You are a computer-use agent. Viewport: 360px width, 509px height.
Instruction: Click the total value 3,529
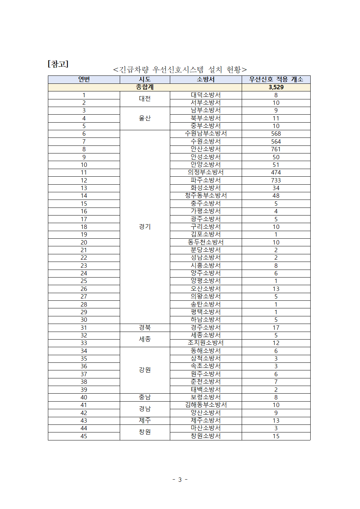pyautogui.click(x=276, y=87)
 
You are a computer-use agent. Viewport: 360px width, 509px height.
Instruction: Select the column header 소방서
pyautogui.click(x=205, y=79)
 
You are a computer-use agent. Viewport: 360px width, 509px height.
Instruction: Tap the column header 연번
pyautogui.click(x=84, y=79)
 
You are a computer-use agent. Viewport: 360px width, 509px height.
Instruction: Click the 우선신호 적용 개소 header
pyautogui.click(x=276, y=79)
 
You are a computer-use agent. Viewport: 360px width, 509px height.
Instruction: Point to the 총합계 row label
pyautogui.click(x=145, y=87)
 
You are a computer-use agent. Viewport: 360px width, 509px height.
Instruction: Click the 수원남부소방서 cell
pyautogui.click(x=205, y=134)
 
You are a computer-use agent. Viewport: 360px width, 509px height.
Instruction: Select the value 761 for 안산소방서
pyautogui.click(x=276, y=149)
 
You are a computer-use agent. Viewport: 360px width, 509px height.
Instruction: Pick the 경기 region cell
pyautogui.click(x=145, y=226)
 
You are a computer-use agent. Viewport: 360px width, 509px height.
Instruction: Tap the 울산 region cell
pyautogui.click(x=145, y=118)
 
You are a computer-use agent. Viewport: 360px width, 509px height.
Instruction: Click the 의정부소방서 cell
pyautogui.click(x=205, y=172)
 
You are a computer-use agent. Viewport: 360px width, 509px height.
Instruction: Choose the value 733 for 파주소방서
pyautogui.click(x=276, y=180)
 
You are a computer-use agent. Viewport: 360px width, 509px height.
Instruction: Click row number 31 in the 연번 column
pyautogui.click(x=84, y=328)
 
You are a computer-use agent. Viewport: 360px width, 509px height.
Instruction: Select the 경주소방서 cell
pyautogui.click(x=205, y=328)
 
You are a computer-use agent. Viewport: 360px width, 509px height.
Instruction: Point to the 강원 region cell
pyautogui.click(x=145, y=370)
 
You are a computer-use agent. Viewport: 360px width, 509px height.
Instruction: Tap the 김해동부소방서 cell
pyautogui.click(x=205, y=405)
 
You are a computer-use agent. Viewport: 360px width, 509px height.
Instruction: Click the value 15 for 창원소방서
pyautogui.click(x=276, y=436)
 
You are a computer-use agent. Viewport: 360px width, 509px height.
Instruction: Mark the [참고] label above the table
pyautogui.click(x=58, y=64)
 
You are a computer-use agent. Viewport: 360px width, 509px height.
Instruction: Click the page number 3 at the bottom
pyautogui.click(x=180, y=480)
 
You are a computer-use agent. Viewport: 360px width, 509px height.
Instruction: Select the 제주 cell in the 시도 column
pyautogui.click(x=145, y=420)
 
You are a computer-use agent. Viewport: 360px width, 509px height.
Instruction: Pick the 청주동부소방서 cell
pyautogui.click(x=205, y=196)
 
